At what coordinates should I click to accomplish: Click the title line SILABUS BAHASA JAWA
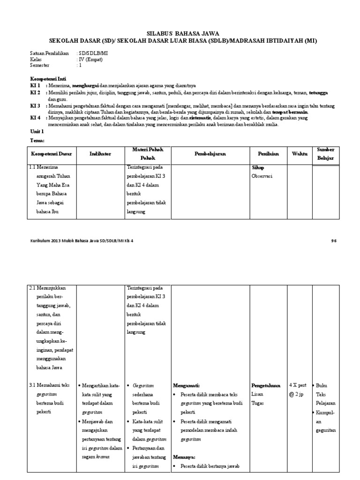(x=180, y=34)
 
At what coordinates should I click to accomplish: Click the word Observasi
(x=263, y=176)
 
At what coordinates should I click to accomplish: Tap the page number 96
(x=334, y=241)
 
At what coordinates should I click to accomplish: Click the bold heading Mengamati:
(x=186, y=385)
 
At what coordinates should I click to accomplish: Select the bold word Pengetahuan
(x=266, y=385)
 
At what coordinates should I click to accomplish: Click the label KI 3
(x=35, y=106)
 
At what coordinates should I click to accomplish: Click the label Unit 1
(x=37, y=133)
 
